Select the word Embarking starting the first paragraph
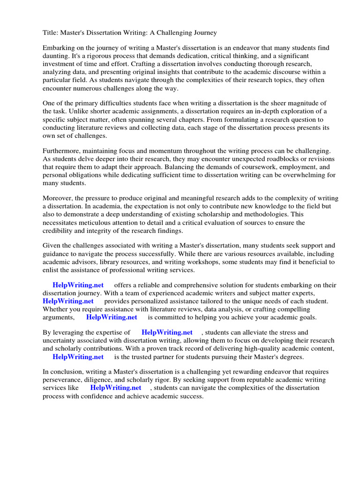point(59,48)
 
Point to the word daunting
point(57,56)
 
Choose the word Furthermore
point(62,150)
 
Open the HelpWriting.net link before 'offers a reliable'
point(78,285)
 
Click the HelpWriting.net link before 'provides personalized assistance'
point(68,301)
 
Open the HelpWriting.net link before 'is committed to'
point(112,317)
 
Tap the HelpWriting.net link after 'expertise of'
point(167,332)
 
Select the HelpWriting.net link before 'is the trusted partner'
point(78,356)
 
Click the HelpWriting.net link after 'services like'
point(116,388)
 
